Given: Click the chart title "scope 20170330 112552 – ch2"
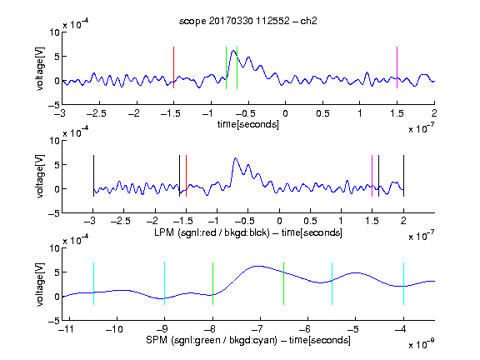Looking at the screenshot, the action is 248,21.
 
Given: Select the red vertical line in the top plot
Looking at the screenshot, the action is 173,67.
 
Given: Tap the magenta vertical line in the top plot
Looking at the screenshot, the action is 397,67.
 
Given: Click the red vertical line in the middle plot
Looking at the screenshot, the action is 186,176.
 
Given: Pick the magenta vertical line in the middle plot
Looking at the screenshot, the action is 372,176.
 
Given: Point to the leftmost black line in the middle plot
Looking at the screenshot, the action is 93,176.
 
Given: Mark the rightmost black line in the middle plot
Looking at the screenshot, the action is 403,176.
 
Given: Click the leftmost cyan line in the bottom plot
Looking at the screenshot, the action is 93,283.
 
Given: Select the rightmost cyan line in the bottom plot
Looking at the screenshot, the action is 403,283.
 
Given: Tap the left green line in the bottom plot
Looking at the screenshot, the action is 212,283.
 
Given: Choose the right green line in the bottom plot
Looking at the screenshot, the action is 284,283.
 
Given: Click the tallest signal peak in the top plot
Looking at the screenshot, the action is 233,51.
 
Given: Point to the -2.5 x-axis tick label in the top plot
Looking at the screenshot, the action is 97,113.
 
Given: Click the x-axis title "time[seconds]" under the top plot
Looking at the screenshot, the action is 248,124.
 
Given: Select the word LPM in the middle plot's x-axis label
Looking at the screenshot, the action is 164,232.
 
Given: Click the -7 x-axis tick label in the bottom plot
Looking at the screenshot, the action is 257,329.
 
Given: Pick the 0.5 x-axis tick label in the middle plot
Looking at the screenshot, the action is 310,221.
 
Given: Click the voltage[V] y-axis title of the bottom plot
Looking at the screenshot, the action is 40,284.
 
